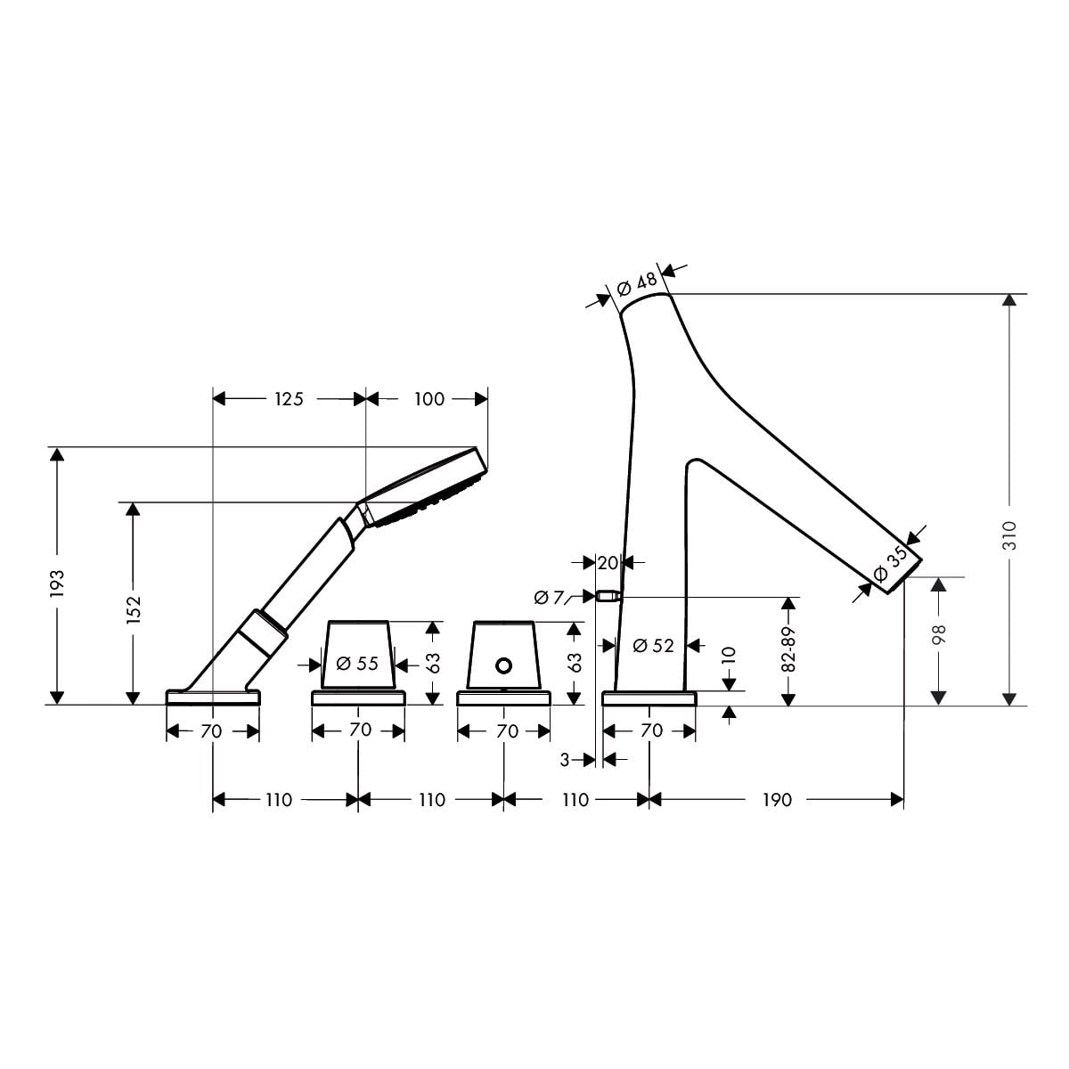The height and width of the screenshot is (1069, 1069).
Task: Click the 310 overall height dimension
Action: [1010, 535]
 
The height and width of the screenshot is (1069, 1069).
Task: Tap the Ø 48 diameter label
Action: [637, 283]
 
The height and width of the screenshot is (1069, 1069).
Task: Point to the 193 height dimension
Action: [57, 583]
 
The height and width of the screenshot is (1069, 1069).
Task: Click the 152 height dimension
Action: [134, 609]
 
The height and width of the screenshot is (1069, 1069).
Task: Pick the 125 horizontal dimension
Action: [289, 399]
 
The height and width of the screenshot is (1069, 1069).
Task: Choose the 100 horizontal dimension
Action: [429, 399]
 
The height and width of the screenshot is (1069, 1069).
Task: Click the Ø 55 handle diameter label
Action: [357, 664]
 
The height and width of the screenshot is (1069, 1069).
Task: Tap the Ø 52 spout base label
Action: [653, 646]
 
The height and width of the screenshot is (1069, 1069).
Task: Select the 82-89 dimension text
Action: [788, 649]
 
